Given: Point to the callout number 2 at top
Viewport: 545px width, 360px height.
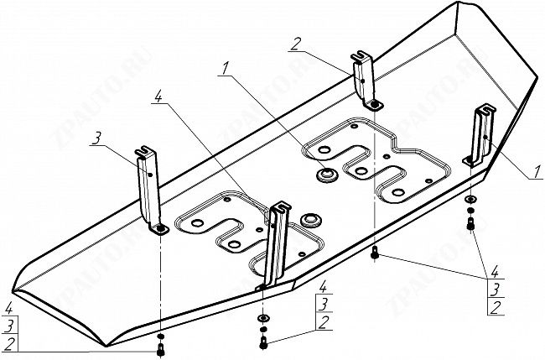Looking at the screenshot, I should click(x=297, y=43).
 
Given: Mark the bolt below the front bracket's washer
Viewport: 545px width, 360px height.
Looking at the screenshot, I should click(x=264, y=342).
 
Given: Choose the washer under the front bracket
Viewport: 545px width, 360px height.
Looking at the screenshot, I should click(x=263, y=319).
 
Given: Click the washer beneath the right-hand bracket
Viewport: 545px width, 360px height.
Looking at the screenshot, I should click(x=470, y=200).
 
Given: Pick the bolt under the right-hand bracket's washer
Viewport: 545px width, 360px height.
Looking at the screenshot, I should click(x=471, y=223).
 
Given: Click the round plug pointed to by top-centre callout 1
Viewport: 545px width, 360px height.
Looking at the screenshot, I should click(x=325, y=175).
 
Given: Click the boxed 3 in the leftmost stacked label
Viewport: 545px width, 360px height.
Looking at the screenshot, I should click(x=8, y=326).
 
